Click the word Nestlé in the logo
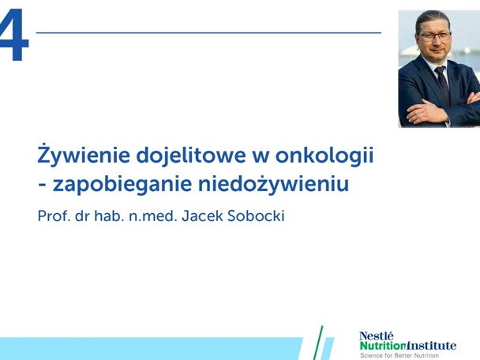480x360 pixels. [x=376, y=336]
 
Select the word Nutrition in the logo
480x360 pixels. [x=382, y=345]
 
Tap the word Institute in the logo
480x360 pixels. [x=432, y=345]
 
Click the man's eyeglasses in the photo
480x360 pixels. [x=435, y=36]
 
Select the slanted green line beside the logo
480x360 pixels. [x=318, y=343]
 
